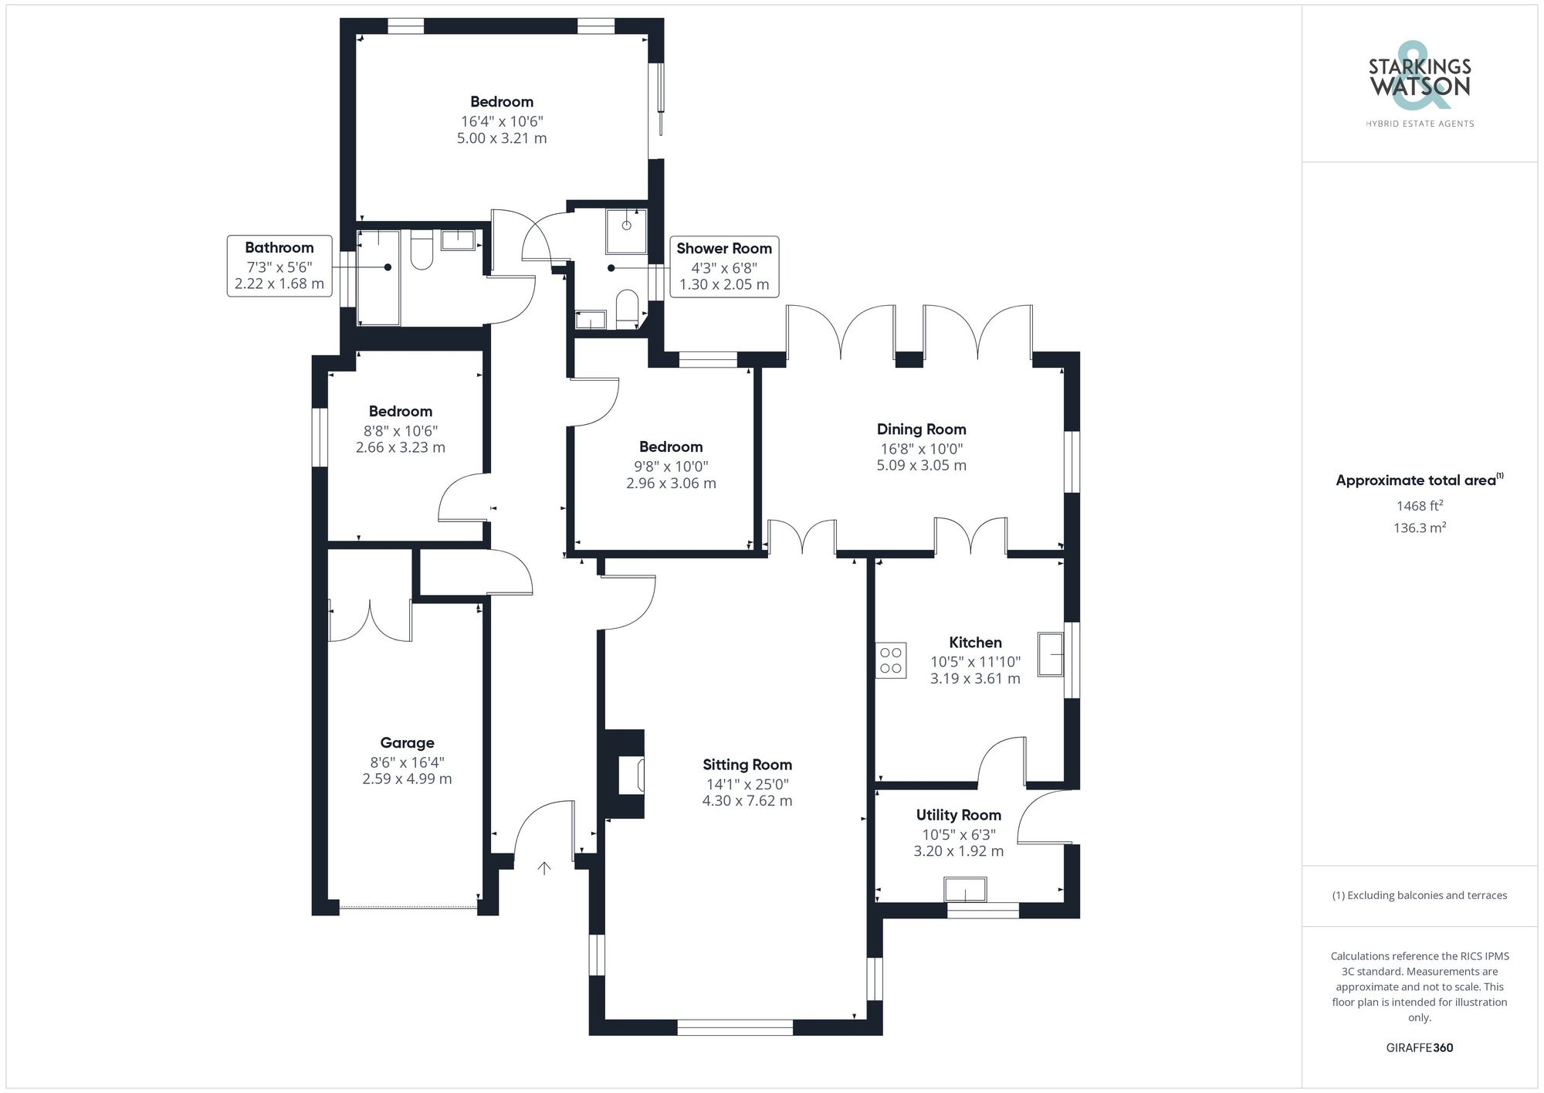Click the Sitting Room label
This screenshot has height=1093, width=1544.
(747, 765)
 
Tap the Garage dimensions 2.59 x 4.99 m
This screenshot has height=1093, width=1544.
(407, 779)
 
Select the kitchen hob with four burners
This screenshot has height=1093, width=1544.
(890, 660)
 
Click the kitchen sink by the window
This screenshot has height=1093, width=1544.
(1050, 654)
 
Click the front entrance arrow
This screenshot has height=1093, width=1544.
(544, 868)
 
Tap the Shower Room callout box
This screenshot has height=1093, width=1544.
(723, 266)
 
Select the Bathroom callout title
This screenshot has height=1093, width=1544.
(279, 247)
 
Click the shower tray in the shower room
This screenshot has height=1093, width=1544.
(626, 230)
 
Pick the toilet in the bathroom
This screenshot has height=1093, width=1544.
(421, 252)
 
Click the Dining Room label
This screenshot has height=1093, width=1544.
(921, 429)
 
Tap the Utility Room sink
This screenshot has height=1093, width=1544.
(965, 890)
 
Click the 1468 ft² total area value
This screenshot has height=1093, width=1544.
(1419, 506)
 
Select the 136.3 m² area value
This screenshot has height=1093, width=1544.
(1419, 528)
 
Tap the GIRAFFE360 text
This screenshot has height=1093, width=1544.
(1419, 1048)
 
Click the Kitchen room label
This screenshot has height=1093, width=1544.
(975, 643)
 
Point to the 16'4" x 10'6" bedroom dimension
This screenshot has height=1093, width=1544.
(502, 121)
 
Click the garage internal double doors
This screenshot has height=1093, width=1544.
(371, 621)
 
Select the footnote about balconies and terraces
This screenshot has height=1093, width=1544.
(1419, 895)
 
